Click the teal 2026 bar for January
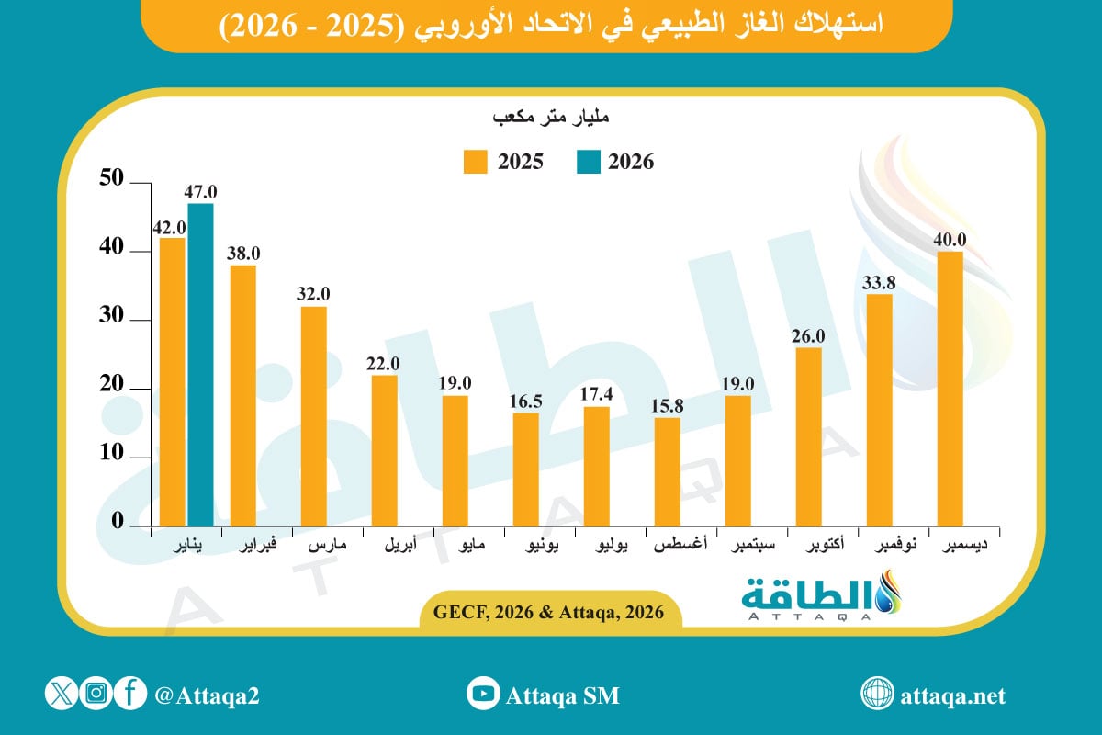tap(200, 364)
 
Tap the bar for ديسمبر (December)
tap(950, 388)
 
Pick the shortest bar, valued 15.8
tap(668, 471)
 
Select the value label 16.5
tap(526, 401)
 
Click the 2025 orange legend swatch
tap(476, 162)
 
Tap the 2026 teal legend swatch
tap(588, 162)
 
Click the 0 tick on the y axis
tap(118, 521)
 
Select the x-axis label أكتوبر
tap(808, 547)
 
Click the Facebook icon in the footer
tap(130, 694)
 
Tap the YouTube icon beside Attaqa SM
tap(482, 694)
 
